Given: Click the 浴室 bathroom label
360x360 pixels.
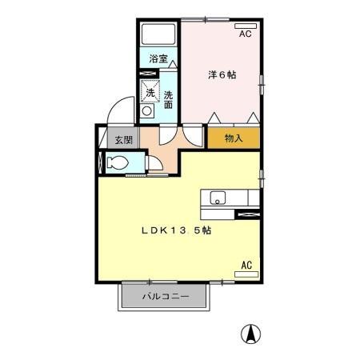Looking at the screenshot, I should click(x=158, y=58).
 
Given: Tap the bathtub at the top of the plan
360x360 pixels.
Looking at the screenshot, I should click(x=158, y=34).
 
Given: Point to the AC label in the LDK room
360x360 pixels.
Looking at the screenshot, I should click(x=246, y=264).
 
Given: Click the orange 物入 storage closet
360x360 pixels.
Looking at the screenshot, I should click(x=234, y=138).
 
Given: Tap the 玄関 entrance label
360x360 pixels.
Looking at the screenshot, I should click(x=122, y=140).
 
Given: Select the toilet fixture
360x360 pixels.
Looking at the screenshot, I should click(x=117, y=162).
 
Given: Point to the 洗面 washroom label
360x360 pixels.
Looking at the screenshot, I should click(x=169, y=99).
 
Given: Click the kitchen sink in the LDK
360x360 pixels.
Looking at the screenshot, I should click(x=219, y=198).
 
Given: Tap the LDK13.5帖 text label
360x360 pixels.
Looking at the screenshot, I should click(x=177, y=230).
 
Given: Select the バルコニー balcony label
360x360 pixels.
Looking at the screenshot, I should click(x=166, y=297).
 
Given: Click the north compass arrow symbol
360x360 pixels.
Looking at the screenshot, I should click(x=251, y=334).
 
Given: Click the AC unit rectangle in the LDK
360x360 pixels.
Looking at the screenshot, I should click(x=246, y=274).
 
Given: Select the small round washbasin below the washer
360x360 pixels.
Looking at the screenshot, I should click(x=147, y=112).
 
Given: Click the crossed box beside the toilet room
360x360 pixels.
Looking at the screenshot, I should click(x=100, y=162).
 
